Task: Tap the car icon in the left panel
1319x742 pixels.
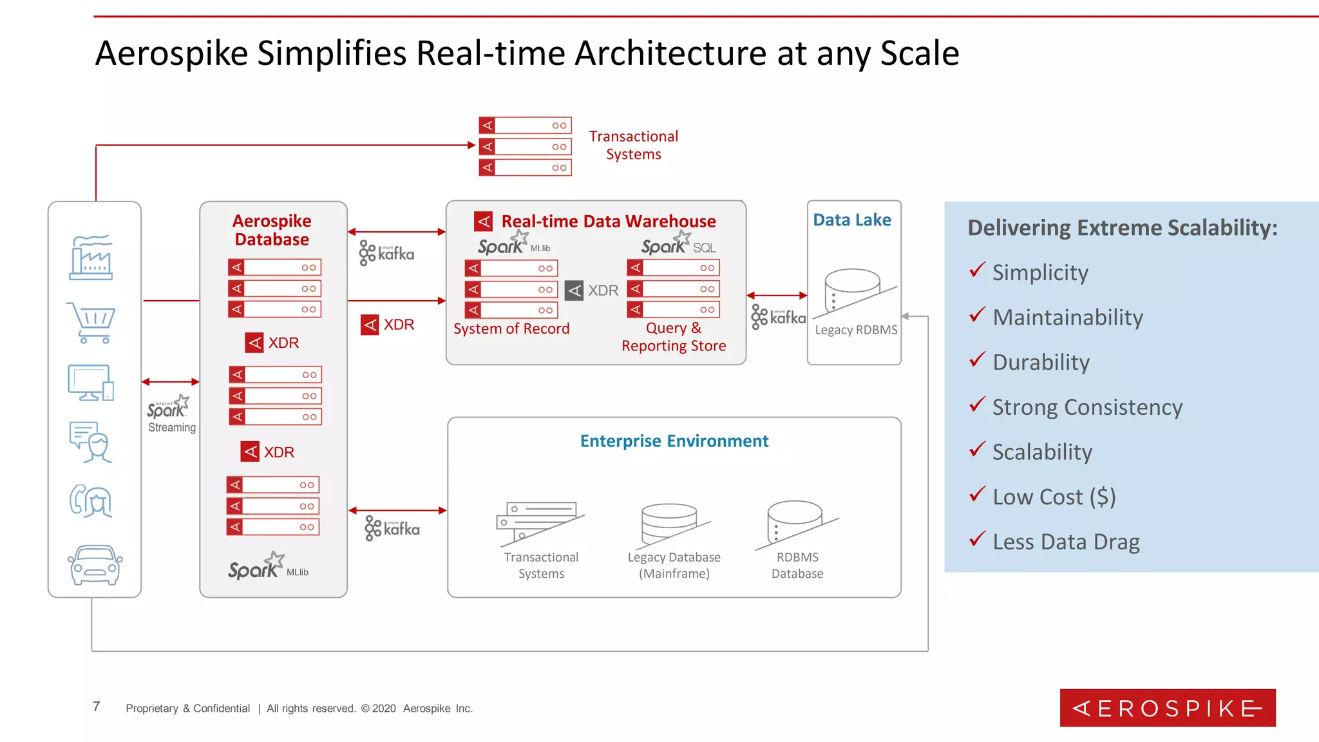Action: click(x=95, y=565)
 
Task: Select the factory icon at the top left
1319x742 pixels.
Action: click(x=91, y=258)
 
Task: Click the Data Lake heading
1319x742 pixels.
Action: click(x=851, y=220)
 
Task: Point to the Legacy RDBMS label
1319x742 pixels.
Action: click(x=855, y=330)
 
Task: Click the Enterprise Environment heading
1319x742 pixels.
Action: click(x=674, y=441)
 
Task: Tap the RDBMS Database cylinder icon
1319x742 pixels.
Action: click(x=795, y=522)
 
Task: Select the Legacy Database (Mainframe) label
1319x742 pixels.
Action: click(x=674, y=566)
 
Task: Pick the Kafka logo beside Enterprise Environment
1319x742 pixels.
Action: click(x=392, y=529)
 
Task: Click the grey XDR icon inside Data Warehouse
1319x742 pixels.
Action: click(x=574, y=291)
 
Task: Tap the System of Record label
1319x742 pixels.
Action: click(x=511, y=329)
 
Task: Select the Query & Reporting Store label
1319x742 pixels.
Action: click(x=674, y=337)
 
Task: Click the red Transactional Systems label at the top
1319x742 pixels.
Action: click(x=633, y=146)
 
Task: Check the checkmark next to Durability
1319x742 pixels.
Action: click(x=977, y=359)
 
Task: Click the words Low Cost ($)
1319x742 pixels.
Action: click(x=1054, y=497)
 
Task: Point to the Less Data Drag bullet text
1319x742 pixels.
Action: click(x=1066, y=542)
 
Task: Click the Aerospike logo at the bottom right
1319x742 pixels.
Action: click(x=1167, y=708)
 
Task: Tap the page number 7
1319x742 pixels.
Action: click(x=97, y=707)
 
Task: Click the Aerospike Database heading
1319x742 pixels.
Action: click(x=272, y=231)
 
